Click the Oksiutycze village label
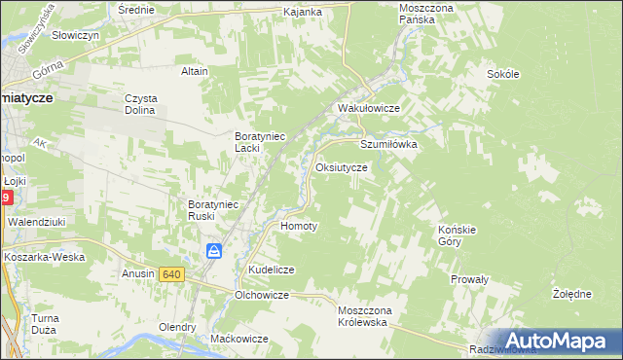tap(341, 167)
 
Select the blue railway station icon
tap(215, 252)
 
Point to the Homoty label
tap(299, 226)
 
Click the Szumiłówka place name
tap(388, 143)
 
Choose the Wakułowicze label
tap(369, 108)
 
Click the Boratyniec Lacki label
tap(260, 142)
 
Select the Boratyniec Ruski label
tap(213, 210)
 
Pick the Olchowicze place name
tap(263, 294)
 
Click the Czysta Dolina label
tap(141, 104)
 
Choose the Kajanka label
tap(303, 12)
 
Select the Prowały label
tap(468, 279)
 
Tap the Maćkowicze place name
tap(238, 339)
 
